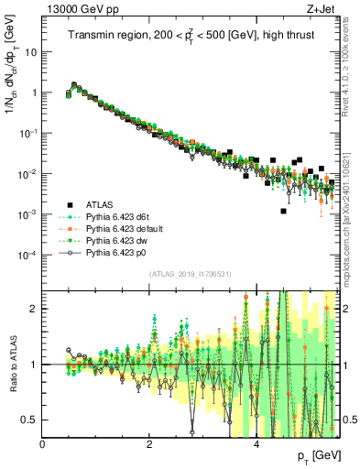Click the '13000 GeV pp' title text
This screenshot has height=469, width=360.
coord(79,8)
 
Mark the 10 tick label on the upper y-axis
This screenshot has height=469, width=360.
coord(31,52)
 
